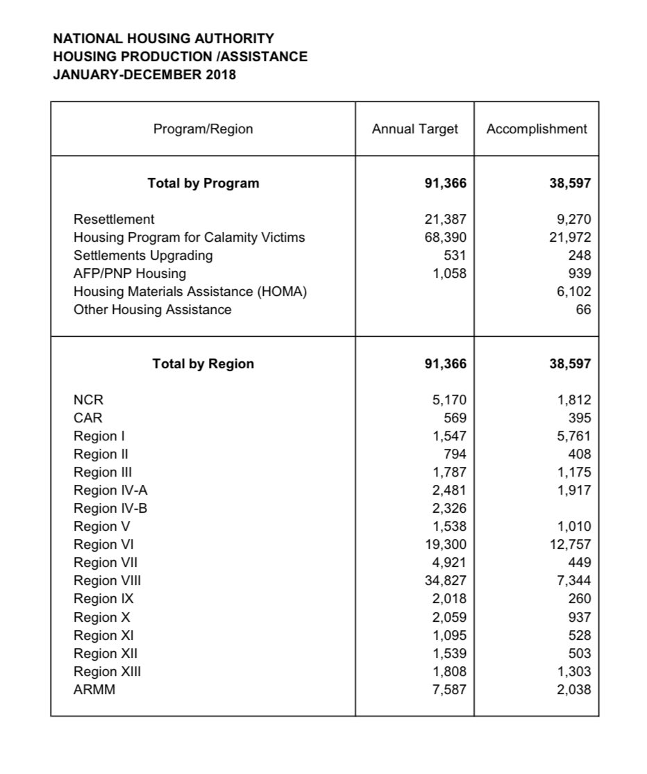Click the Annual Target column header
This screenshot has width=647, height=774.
(414, 129)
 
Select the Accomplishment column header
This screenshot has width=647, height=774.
(537, 129)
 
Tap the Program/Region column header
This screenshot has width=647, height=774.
(203, 129)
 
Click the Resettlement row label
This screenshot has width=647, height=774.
(114, 220)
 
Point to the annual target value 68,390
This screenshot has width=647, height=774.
(445, 238)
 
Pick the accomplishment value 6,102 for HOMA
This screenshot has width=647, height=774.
(574, 292)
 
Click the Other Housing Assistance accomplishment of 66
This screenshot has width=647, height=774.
(583, 310)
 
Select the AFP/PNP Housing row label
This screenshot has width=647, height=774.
(130, 274)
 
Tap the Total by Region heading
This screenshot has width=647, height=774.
(203, 364)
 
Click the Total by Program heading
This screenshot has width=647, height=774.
(203, 183)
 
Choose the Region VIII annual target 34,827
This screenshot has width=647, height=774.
(445, 581)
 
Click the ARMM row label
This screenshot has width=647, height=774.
(94, 690)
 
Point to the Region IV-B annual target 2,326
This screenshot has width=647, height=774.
(448, 509)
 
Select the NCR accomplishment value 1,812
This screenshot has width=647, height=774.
(574, 400)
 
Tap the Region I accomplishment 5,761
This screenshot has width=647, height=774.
(574, 436)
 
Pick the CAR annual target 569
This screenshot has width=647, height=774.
(455, 418)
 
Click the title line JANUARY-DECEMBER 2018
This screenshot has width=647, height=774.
(144, 74)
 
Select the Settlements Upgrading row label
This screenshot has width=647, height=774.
(143, 256)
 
